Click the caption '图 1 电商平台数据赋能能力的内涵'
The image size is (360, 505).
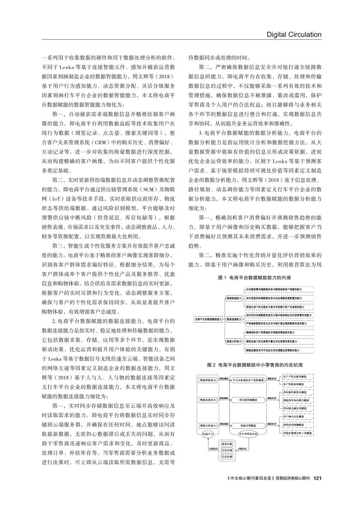[x=254, y=277]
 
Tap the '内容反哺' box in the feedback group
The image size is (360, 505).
[x=227, y=450]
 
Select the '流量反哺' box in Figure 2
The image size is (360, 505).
[x=227, y=443]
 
